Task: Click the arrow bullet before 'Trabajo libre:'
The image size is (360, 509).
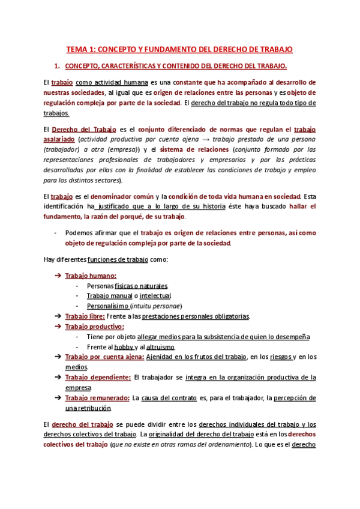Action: pos(57,316)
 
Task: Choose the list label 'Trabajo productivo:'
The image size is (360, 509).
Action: pos(94,327)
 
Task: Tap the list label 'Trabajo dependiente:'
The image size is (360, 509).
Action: pos(98,378)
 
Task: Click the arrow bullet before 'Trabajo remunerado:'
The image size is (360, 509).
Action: pos(57,398)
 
